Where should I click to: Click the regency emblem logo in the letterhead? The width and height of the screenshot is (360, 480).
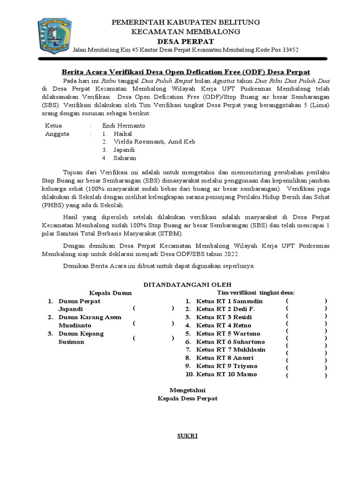click(x=54, y=36)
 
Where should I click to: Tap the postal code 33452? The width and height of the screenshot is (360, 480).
click(x=289, y=50)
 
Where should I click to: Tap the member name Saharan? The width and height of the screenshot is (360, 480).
click(x=125, y=158)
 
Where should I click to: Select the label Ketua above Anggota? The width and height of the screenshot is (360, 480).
click(x=53, y=126)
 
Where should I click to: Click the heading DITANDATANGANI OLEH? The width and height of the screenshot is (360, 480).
click(x=187, y=285)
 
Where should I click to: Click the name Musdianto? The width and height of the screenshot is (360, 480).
click(x=75, y=325)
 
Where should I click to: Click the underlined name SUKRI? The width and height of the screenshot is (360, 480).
click(x=187, y=436)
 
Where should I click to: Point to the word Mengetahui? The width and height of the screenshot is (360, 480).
click(x=187, y=390)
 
